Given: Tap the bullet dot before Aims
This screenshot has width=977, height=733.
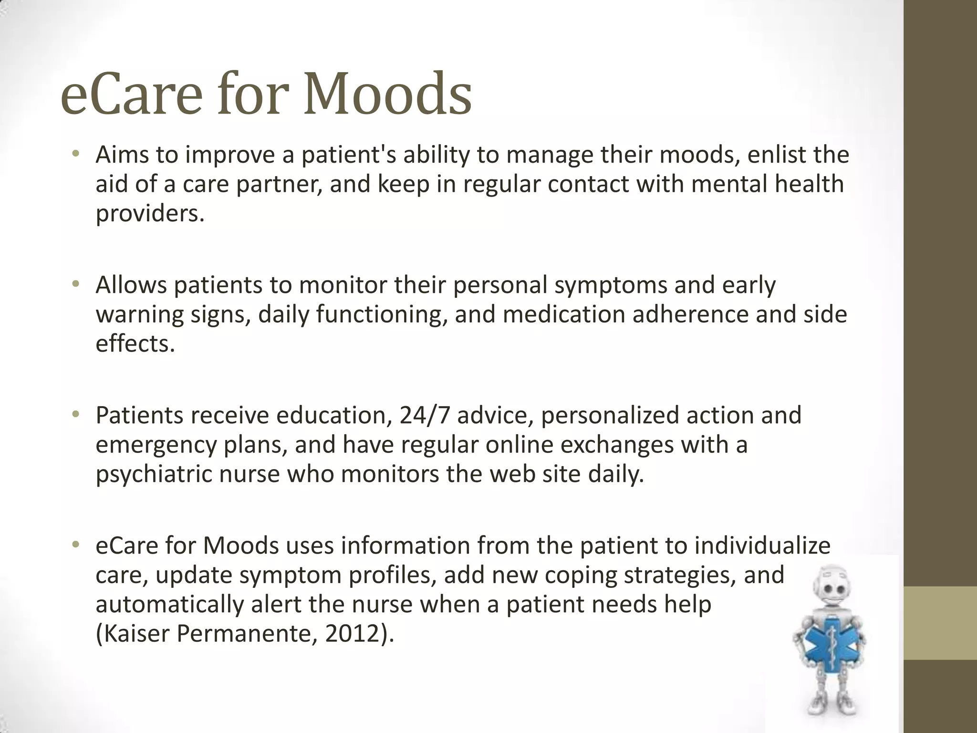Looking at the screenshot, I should [x=75, y=154].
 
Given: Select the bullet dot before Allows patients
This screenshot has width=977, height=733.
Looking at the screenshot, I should [x=75, y=284].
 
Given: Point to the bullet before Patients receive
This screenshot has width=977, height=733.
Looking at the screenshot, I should [x=75, y=414].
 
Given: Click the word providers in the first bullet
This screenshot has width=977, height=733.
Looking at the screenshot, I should [x=149, y=214].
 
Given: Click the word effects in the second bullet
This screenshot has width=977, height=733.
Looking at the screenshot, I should [x=135, y=344].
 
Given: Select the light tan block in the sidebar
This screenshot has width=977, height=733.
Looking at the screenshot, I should [x=940, y=623].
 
